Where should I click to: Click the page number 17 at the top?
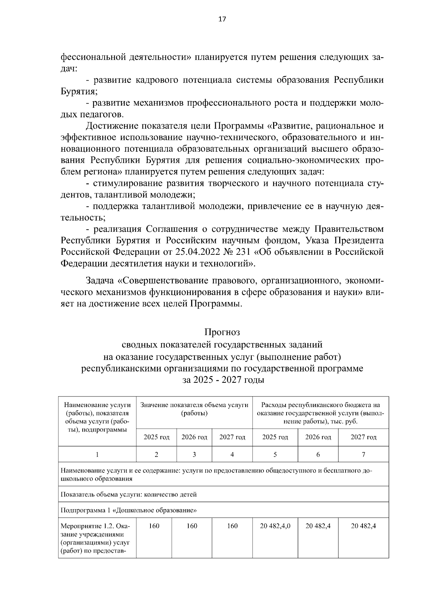[222, 19]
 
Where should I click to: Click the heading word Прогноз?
[222, 332]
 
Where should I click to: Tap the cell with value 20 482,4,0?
[275, 526]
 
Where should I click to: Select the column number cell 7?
[363, 454]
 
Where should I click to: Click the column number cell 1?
[97, 454]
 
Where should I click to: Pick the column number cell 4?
[232, 454]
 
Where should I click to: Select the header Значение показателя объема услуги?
[194, 409]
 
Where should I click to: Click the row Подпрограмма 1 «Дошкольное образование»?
[129, 510]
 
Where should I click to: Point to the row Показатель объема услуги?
[129, 494]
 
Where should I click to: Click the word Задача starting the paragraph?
[100, 281]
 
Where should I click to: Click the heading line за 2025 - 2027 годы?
[223, 380]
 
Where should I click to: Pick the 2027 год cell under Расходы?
[363, 437]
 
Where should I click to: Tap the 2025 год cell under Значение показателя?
[157, 437]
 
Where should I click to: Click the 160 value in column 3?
[192, 526]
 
